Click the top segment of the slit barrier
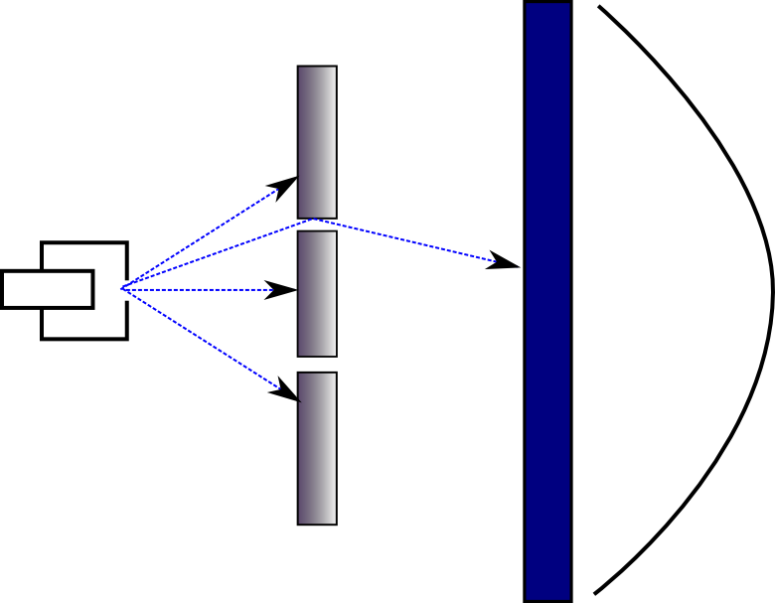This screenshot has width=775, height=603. point(317,140)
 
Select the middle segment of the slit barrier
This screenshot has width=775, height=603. point(317,293)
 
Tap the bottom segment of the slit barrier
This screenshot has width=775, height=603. point(317,447)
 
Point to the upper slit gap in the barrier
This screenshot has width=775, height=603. point(317,225)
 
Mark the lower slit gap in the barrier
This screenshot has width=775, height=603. point(317,364)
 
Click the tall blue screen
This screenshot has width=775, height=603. point(547,301)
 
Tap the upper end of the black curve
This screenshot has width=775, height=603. point(599,8)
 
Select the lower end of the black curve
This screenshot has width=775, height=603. point(596,593)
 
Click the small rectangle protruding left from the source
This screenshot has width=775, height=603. point(48,288)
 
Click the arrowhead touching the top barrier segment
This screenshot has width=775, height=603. point(284,185)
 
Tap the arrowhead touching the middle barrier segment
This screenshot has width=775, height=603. point(284,290)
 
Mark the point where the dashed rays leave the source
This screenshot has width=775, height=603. point(122,288)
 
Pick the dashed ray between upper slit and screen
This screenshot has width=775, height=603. point(407,240)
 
